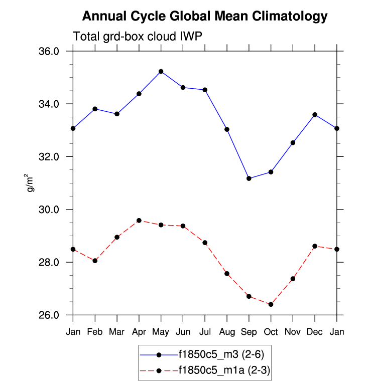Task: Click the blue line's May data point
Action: (x=161, y=71)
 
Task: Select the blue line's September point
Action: (x=249, y=178)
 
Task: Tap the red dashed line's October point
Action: (x=271, y=304)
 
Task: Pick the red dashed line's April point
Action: (x=139, y=221)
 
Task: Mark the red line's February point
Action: (x=95, y=261)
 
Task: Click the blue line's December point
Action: (x=315, y=115)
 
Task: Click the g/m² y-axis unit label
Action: (x=31, y=183)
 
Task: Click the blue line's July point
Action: (x=205, y=90)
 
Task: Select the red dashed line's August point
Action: (x=227, y=274)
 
